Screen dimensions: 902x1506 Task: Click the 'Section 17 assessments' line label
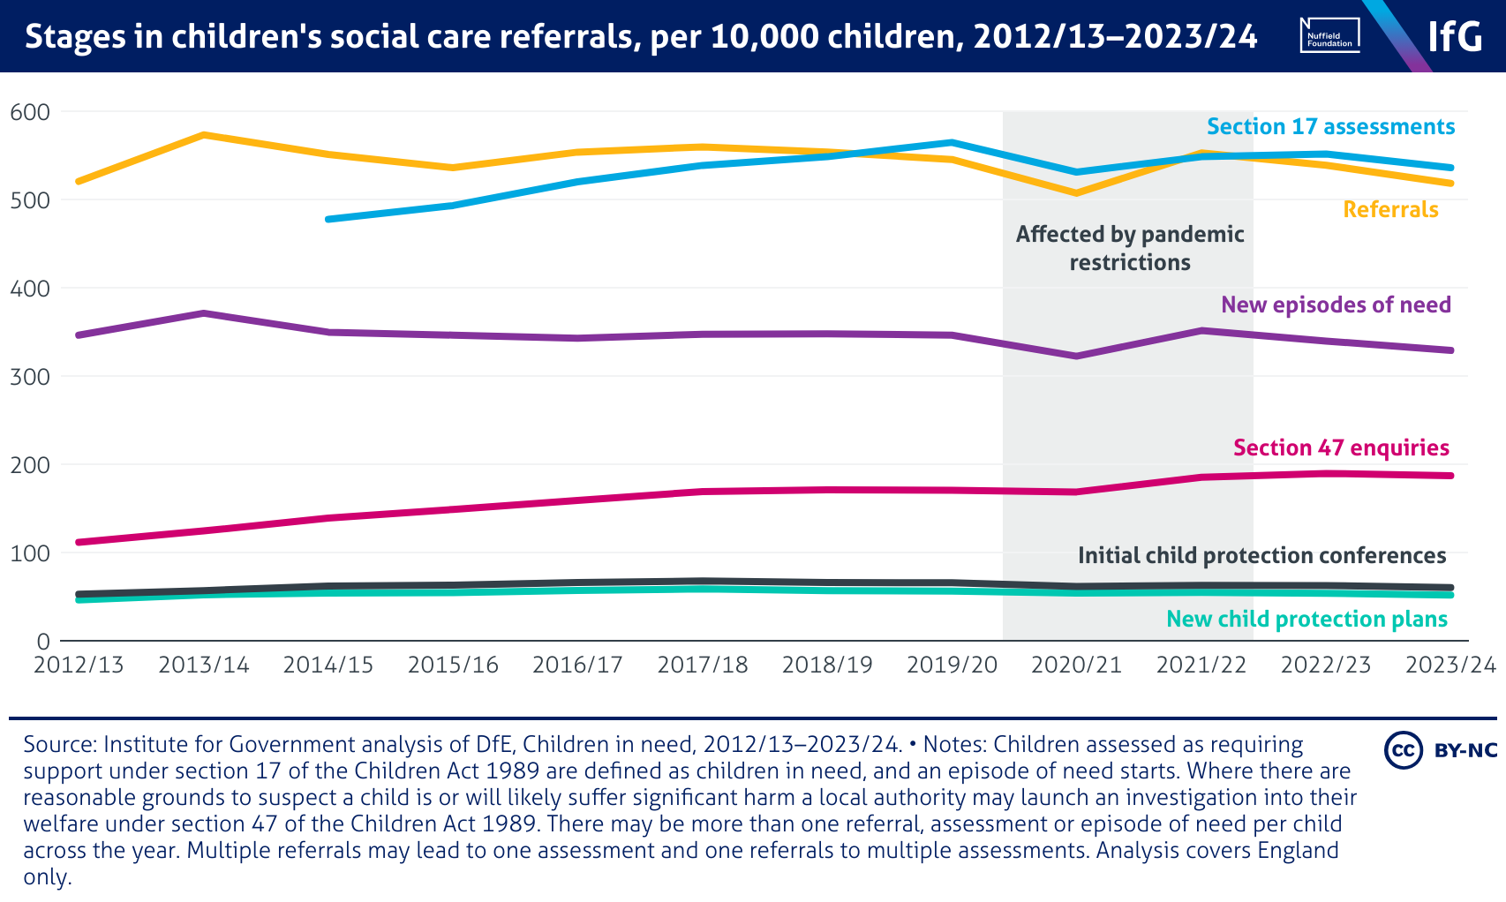(x=1330, y=127)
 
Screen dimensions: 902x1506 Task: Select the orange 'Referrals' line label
(x=1390, y=210)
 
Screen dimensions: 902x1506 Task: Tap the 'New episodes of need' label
(x=1336, y=305)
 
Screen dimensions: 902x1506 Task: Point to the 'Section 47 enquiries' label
(x=1341, y=448)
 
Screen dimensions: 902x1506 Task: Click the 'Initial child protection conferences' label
(x=1261, y=556)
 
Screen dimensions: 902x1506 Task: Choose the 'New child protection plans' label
(x=1306, y=620)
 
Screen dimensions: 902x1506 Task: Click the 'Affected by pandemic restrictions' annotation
(x=1130, y=248)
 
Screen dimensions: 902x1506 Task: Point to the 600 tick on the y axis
(x=30, y=112)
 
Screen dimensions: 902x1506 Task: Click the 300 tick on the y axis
(x=30, y=377)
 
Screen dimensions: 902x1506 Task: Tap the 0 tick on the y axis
(x=42, y=642)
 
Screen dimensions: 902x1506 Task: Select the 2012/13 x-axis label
(x=79, y=665)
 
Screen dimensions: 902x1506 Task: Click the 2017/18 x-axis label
(x=703, y=665)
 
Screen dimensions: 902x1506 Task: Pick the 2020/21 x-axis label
(x=1077, y=665)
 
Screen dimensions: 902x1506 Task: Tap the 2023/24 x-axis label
(x=1450, y=665)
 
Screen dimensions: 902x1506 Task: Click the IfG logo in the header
(x=1455, y=36)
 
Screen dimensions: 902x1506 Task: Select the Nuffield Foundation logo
(x=1329, y=35)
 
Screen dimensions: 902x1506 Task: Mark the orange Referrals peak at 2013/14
(x=204, y=135)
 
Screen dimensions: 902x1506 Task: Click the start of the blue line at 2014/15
(x=328, y=219)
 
